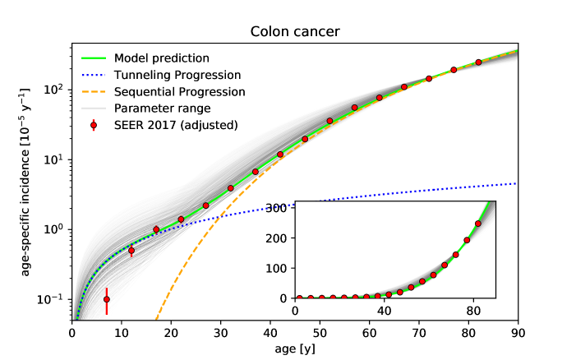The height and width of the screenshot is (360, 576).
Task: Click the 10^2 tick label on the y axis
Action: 52,89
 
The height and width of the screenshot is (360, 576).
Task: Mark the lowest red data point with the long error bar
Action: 107,300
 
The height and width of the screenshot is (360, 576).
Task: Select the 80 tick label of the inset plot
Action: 472,311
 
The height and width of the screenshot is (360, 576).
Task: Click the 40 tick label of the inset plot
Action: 384,311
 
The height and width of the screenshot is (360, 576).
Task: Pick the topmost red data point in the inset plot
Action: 478,224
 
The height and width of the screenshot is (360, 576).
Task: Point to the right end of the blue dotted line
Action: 517,183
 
